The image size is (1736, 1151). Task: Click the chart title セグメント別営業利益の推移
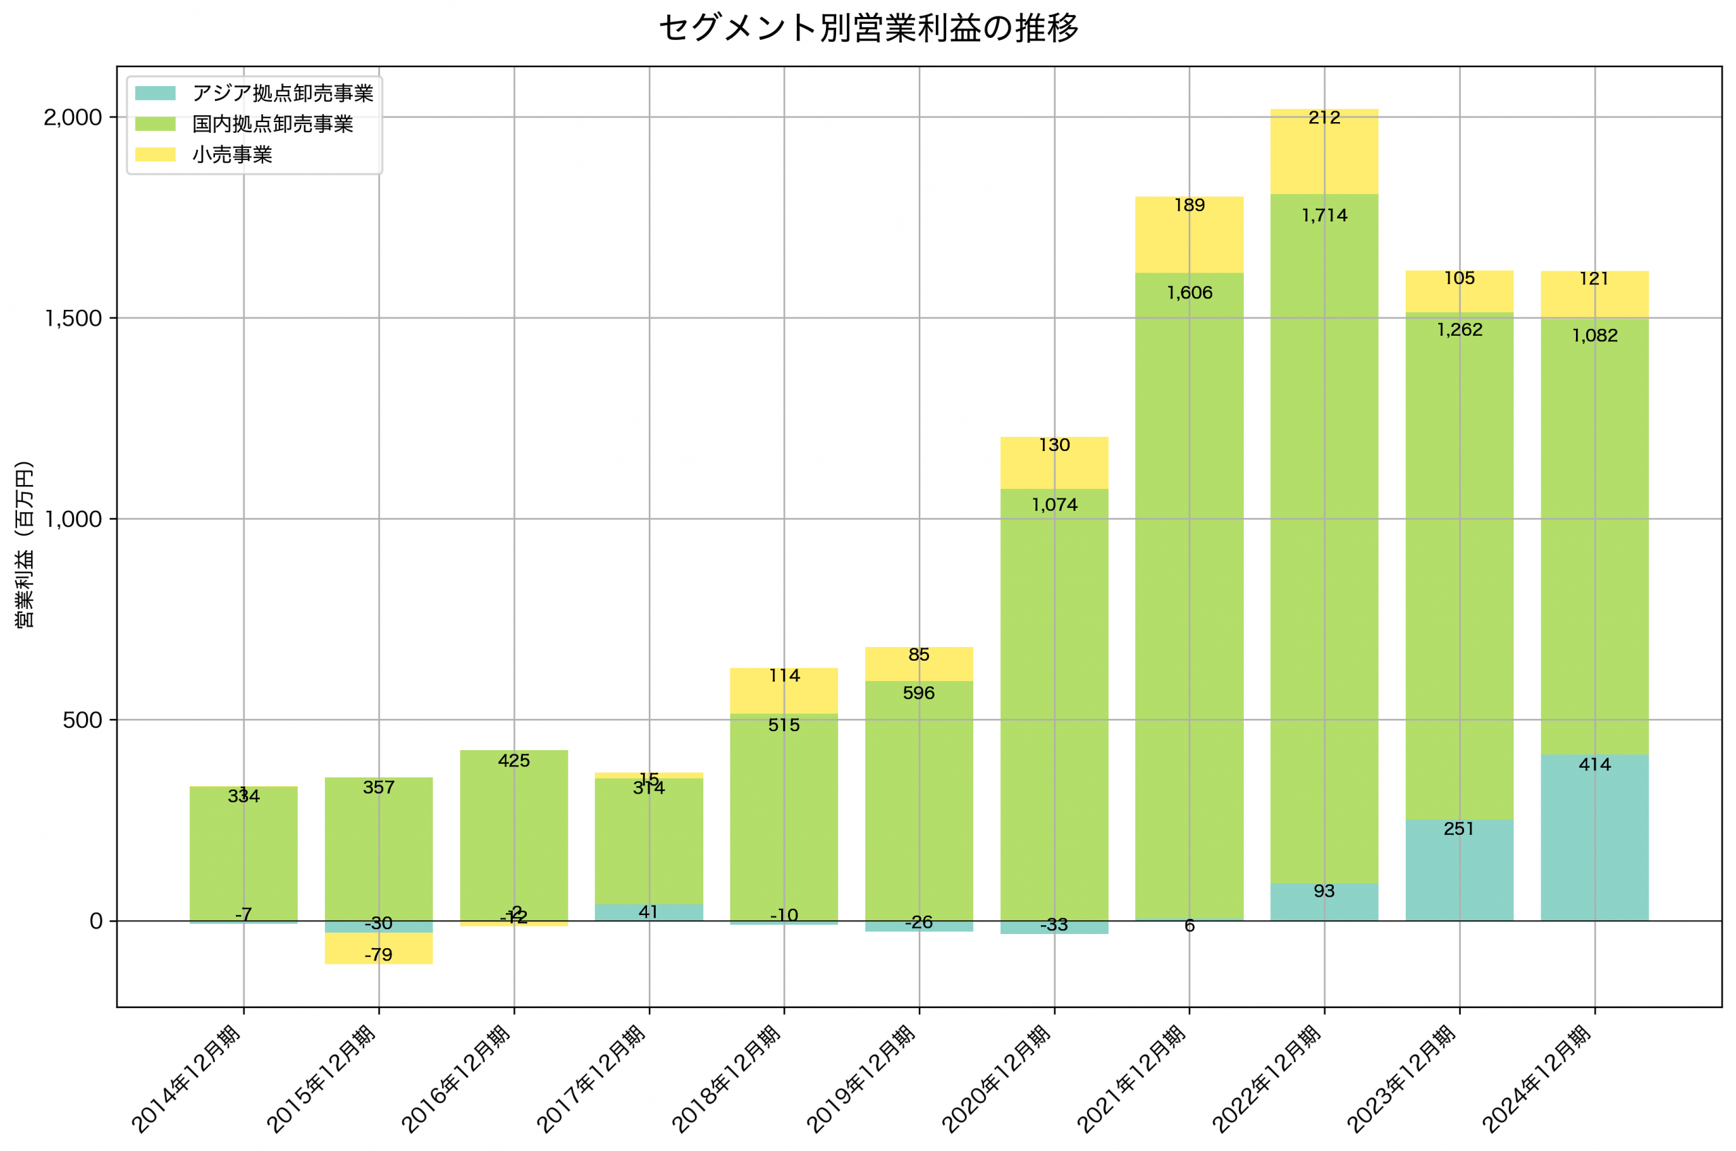pyautogui.click(x=868, y=28)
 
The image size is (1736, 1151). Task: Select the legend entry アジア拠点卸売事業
pyautogui.click(x=283, y=93)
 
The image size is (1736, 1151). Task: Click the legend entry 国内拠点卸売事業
pyautogui.click(x=272, y=124)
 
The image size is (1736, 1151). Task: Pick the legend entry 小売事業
pyautogui.click(x=232, y=155)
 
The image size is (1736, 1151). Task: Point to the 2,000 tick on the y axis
pyautogui.click(x=72, y=117)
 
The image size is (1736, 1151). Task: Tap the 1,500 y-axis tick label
pyautogui.click(x=72, y=319)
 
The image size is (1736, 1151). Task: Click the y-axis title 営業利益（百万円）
pyautogui.click(x=24, y=544)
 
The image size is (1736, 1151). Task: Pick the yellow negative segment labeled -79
pyautogui.click(x=378, y=948)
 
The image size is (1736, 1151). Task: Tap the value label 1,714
pyautogui.click(x=1324, y=216)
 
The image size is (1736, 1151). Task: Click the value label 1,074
pyautogui.click(x=1054, y=505)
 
